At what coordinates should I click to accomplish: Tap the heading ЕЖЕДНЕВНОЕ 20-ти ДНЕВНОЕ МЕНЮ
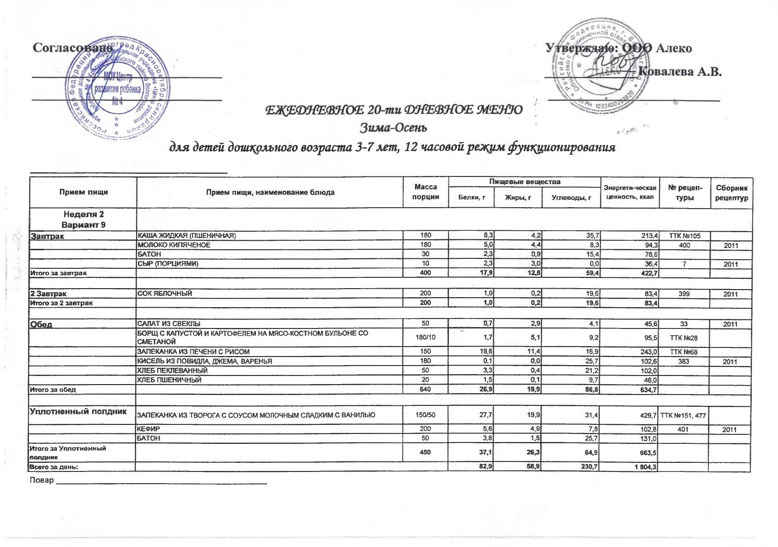(393, 110)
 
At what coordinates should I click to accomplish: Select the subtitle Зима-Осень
(393, 128)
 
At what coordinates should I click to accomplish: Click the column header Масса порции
(426, 192)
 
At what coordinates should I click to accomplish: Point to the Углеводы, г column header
(571, 197)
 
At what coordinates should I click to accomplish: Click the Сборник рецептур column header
(732, 193)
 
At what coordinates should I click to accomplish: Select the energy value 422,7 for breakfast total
(648, 273)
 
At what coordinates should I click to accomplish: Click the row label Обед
(41, 324)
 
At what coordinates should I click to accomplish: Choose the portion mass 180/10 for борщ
(425, 338)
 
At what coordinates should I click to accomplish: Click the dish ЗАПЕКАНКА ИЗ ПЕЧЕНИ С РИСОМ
(193, 352)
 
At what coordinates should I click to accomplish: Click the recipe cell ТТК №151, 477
(684, 415)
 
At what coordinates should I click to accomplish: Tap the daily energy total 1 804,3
(644, 467)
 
